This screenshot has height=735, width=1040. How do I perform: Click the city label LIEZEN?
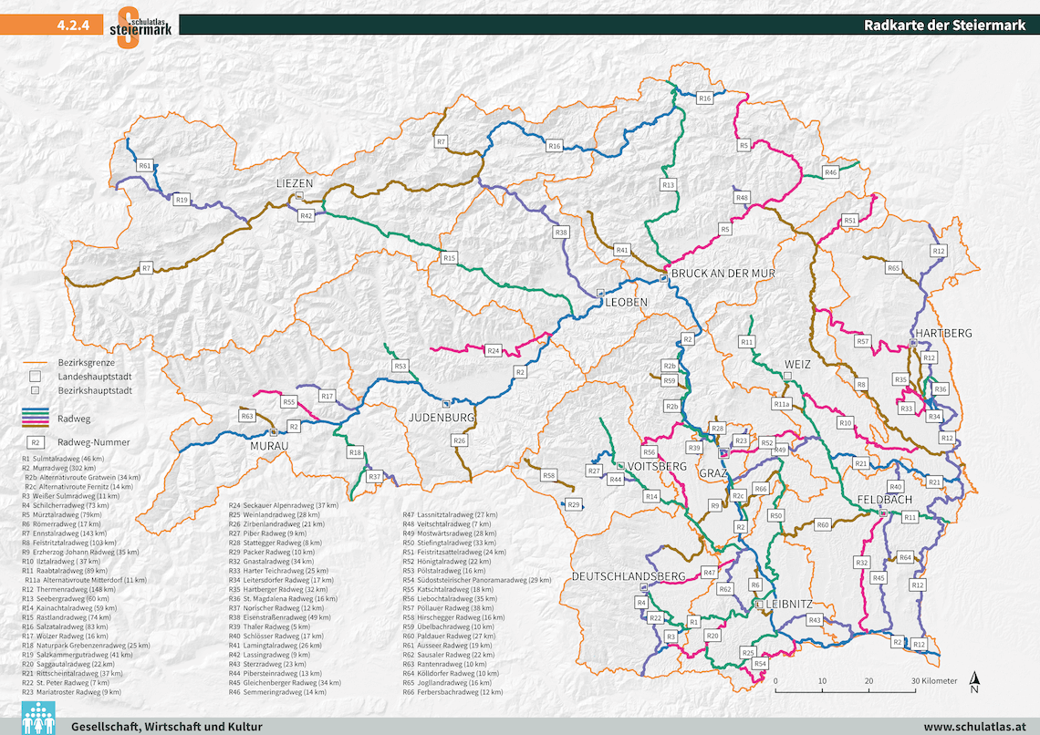pos(295,183)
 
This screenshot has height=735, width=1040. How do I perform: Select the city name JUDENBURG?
pos(442,418)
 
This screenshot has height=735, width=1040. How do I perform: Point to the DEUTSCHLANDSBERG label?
pos(628,576)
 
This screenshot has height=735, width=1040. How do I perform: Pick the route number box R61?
pos(145,166)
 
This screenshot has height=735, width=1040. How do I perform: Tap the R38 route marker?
pos(561,233)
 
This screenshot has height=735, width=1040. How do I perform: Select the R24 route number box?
pos(494,350)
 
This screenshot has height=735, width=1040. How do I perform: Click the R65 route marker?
pos(893,267)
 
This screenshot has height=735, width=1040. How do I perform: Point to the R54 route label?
pos(760,664)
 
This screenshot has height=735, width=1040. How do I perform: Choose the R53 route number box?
pos(400,366)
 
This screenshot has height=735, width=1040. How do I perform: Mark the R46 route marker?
pos(830,172)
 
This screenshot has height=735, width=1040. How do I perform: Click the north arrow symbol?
pos(974,680)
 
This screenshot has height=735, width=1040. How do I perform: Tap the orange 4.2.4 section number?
pos(72,26)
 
